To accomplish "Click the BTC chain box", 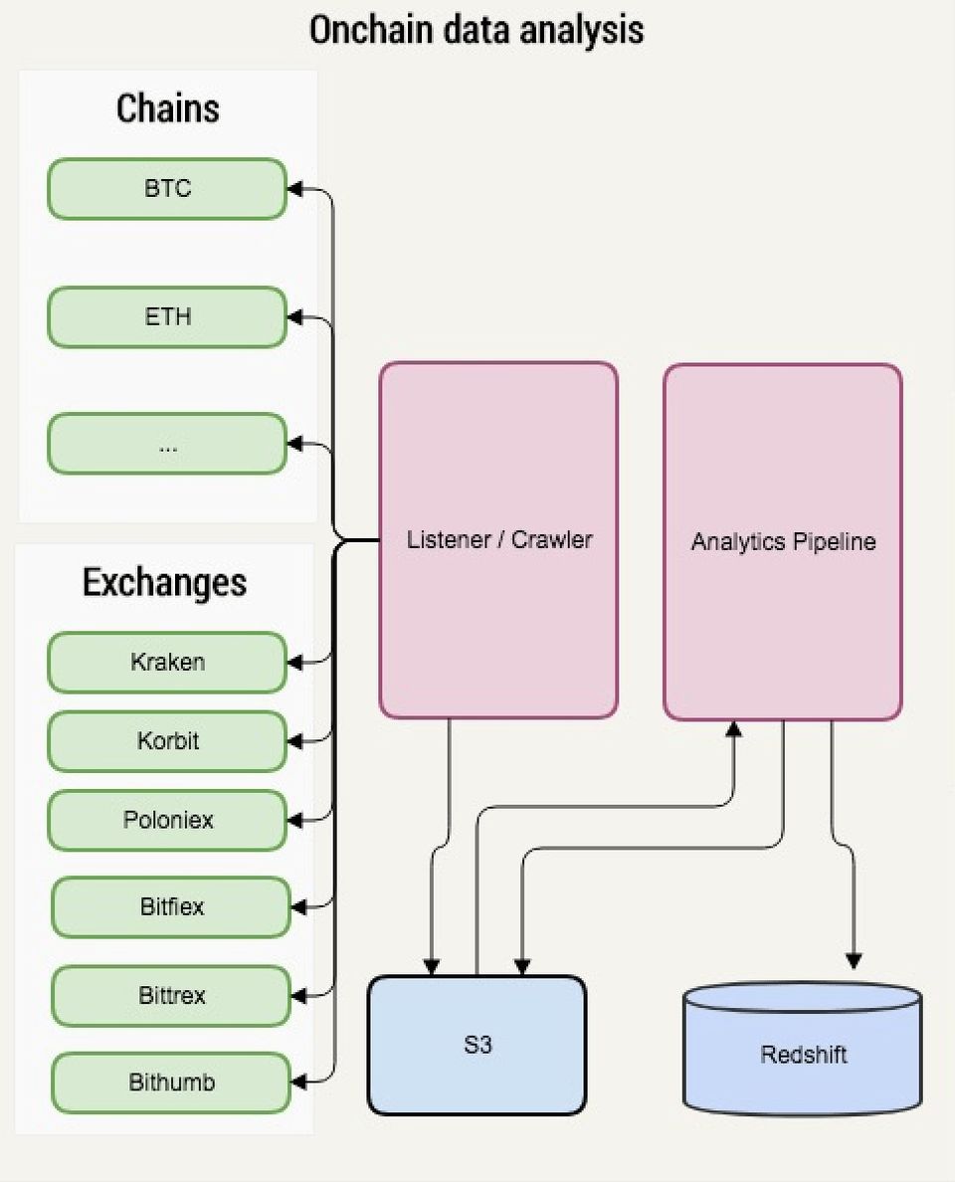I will pos(167,189).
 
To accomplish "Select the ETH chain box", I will pos(167,317).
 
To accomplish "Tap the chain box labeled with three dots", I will pos(167,444).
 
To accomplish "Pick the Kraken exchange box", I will pos(167,662).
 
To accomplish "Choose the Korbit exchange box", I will pos(167,741).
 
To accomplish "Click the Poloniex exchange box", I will pos(167,821).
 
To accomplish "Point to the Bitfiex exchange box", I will pos(171,907).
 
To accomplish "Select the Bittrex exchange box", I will pos(171,996).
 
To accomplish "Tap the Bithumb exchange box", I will pos(171,1083).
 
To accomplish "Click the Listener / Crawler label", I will pos(499,540).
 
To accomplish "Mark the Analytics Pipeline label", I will pos(784,542).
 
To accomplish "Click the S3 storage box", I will pos(477,1045).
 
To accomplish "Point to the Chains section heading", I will pos(167,108).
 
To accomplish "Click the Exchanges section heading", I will pos(164,582).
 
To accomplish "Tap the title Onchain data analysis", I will pos(477,30).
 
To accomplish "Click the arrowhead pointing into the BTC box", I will pos(295,189).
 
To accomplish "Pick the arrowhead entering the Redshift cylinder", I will pos(853,961).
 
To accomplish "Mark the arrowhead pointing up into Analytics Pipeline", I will pos(734,729).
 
